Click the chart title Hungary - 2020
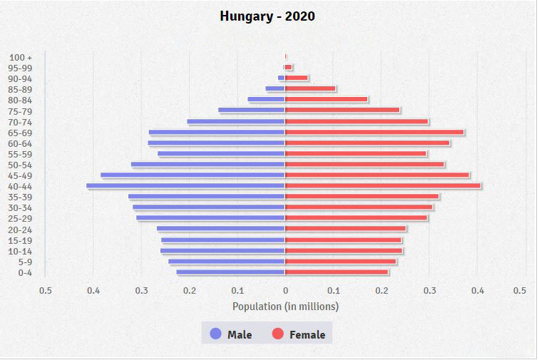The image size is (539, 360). pyautogui.click(x=267, y=16)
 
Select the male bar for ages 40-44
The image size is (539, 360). pyautogui.click(x=185, y=186)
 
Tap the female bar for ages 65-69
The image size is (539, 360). pyautogui.click(x=374, y=132)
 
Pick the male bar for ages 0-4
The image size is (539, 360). pyautogui.click(x=230, y=272)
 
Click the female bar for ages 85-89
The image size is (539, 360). pyautogui.click(x=310, y=89)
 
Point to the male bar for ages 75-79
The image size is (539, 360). pyautogui.click(x=252, y=110)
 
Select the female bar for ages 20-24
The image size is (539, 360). pyautogui.click(x=346, y=229)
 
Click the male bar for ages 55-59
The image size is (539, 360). pyautogui.click(x=221, y=154)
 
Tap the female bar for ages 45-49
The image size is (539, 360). pyautogui.click(x=377, y=175)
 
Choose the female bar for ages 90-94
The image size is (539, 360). pyautogui.click(x=297, y=78)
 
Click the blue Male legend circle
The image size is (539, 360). pyautogui.click(x=215, y=334)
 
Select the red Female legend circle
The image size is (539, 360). pyautogui.click(x=277, y=334)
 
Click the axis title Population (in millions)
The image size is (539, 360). pyautogui.click(x=285, y=307)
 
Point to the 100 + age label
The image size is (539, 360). pyautogui.click(x=21, y=57)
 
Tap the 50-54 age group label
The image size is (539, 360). pyautogui.click(x=20, y=165)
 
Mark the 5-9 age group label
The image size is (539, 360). pyautogui.click(x=24, y=262)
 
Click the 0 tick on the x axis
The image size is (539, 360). pyautogui.click(x=285, y=291)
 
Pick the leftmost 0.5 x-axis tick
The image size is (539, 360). pyautogui.click(x=46, y=291)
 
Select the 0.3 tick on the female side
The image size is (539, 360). pyautogui.click(x=429, y=291)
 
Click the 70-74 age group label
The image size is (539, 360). pyautogui.click(x=20, y=122)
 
